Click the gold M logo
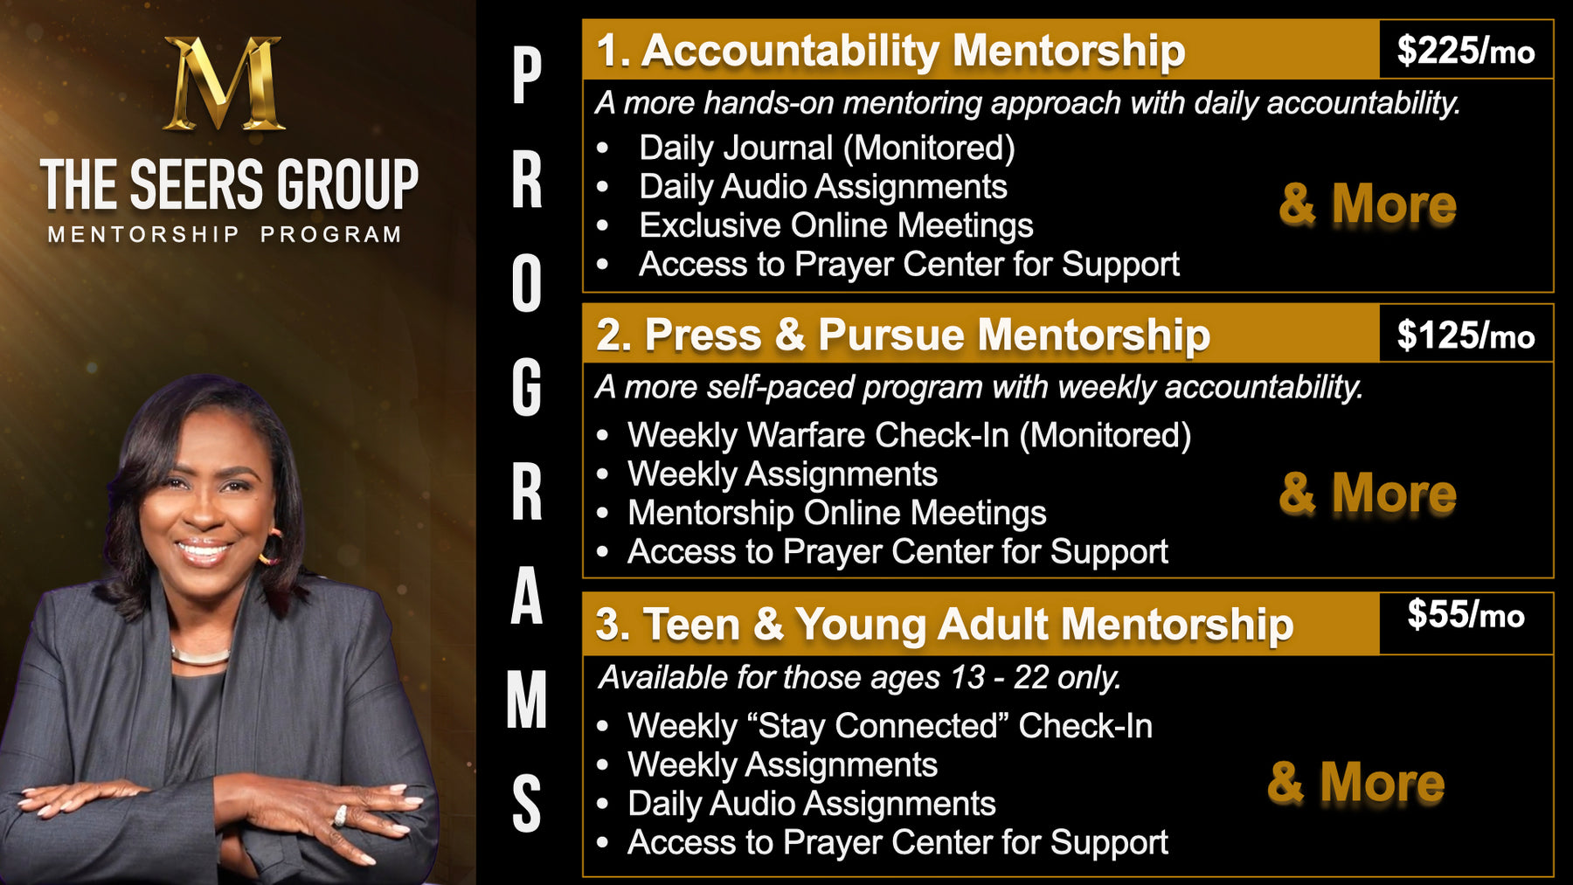[225, 84]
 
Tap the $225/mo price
[1466, 51]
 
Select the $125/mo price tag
[1466, 335]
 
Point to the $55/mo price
[1466, 615]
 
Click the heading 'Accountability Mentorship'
[913, 51]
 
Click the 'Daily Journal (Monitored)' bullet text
[827, 148]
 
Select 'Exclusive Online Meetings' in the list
[836, 225]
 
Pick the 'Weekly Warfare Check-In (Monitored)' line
[909, 435]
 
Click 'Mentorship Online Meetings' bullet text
[837, 513]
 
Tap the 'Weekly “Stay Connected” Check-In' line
[890, 726]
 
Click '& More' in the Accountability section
[1368, 204]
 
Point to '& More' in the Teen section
[1356, 782]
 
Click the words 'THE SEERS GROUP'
[229, 184]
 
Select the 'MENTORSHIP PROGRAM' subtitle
[225, 234]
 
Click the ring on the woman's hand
[340, 815]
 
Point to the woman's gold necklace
[200, 655]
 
